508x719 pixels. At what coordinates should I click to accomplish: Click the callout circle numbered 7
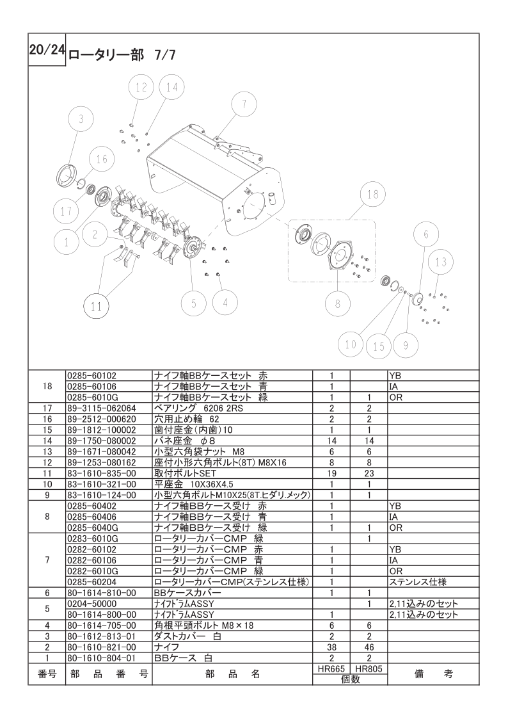tap(244, 105)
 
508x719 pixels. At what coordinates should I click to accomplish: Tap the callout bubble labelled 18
tap(373, 195)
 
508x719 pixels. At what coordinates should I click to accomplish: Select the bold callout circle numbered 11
tap(96, 305)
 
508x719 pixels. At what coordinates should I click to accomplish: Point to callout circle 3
tap(81, 119)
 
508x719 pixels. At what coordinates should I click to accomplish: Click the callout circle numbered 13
tap(441, 262)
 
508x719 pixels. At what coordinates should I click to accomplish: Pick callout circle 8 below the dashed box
tap(338, 303)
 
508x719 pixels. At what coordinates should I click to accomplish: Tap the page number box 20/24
tap(47, 50)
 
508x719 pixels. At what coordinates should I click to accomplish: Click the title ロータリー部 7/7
tap(122, 55)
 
